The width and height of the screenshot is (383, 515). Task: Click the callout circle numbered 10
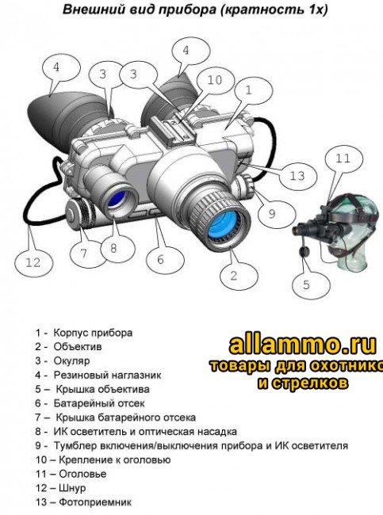215,80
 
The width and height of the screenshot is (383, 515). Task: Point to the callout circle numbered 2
233,276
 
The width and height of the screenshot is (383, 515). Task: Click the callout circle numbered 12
32,262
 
